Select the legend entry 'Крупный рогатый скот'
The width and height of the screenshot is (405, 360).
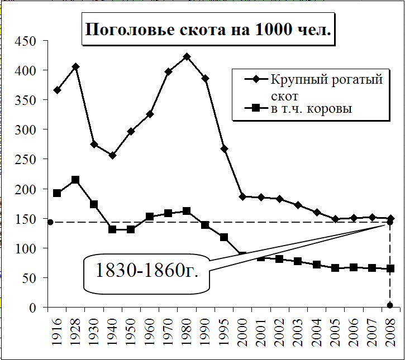(327, 86)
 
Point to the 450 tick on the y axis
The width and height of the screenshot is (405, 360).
(25, 41)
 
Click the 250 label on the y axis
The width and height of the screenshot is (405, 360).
(25, 159)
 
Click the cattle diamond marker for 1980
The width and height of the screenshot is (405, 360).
(187, 57)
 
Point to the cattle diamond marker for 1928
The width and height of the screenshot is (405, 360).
(75, 67)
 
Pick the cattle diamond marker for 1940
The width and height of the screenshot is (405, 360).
(112, 155)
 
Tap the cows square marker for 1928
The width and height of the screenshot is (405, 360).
(75, 180)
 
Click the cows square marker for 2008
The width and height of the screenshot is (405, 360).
(390, 268)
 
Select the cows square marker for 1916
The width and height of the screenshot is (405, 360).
(57, 193)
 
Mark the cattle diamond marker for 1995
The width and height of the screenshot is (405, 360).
(224, 149)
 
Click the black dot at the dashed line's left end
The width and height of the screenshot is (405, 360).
(50, 222)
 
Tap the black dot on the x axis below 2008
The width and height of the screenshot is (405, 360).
(390, 305)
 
